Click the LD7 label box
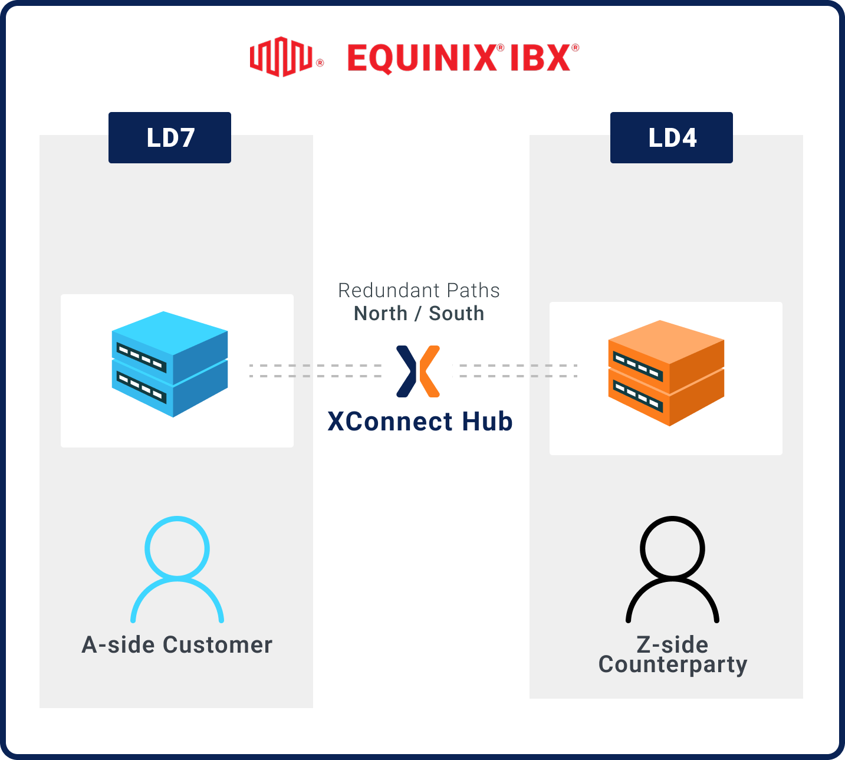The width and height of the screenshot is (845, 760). click(170, 138)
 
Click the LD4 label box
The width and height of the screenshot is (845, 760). click(672, 138)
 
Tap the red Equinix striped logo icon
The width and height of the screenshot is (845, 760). click(281, 57)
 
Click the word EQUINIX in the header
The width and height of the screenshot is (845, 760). click(422, 58)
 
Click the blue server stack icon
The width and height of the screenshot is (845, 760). click(170, 364)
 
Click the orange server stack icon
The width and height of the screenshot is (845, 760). click(666, 373)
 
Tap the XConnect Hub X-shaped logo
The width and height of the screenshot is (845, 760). click(418, 371)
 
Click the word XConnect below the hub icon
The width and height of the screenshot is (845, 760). click(390, 422)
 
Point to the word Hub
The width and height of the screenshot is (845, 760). click(487, 422)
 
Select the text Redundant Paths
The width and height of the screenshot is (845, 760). click(419, 291)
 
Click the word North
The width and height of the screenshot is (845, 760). click(380, 314)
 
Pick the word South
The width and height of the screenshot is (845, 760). click(456, 314)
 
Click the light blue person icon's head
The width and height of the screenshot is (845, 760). click(177, 548)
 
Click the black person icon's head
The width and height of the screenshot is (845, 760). click(672, 548)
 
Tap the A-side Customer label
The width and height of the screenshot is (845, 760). click(177, 645)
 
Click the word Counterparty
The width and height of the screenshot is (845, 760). click(673, 664)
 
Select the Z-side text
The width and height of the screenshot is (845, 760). click(672, 644)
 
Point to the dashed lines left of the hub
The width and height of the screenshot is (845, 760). click(315, 371)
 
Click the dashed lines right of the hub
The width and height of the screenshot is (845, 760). click(518, 371)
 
